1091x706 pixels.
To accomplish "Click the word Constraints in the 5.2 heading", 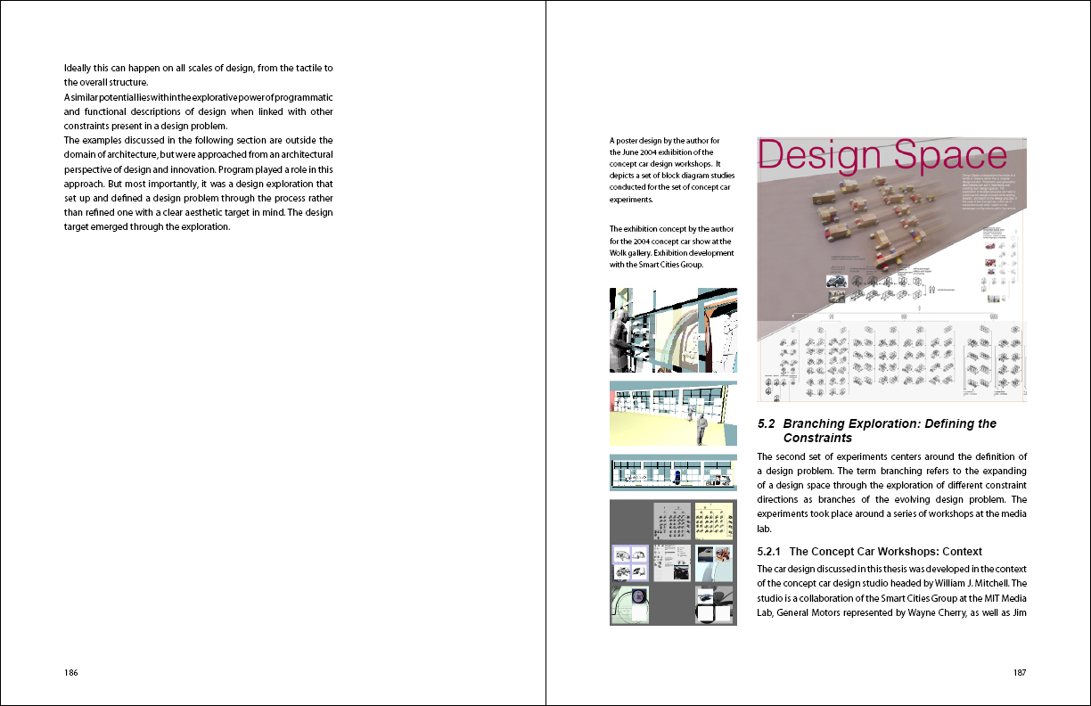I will pos(817,439).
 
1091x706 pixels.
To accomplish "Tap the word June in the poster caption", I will pos(644,152).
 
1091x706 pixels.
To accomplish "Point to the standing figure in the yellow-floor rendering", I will pos(701,427).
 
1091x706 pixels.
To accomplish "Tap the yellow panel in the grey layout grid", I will pos(713,521).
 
